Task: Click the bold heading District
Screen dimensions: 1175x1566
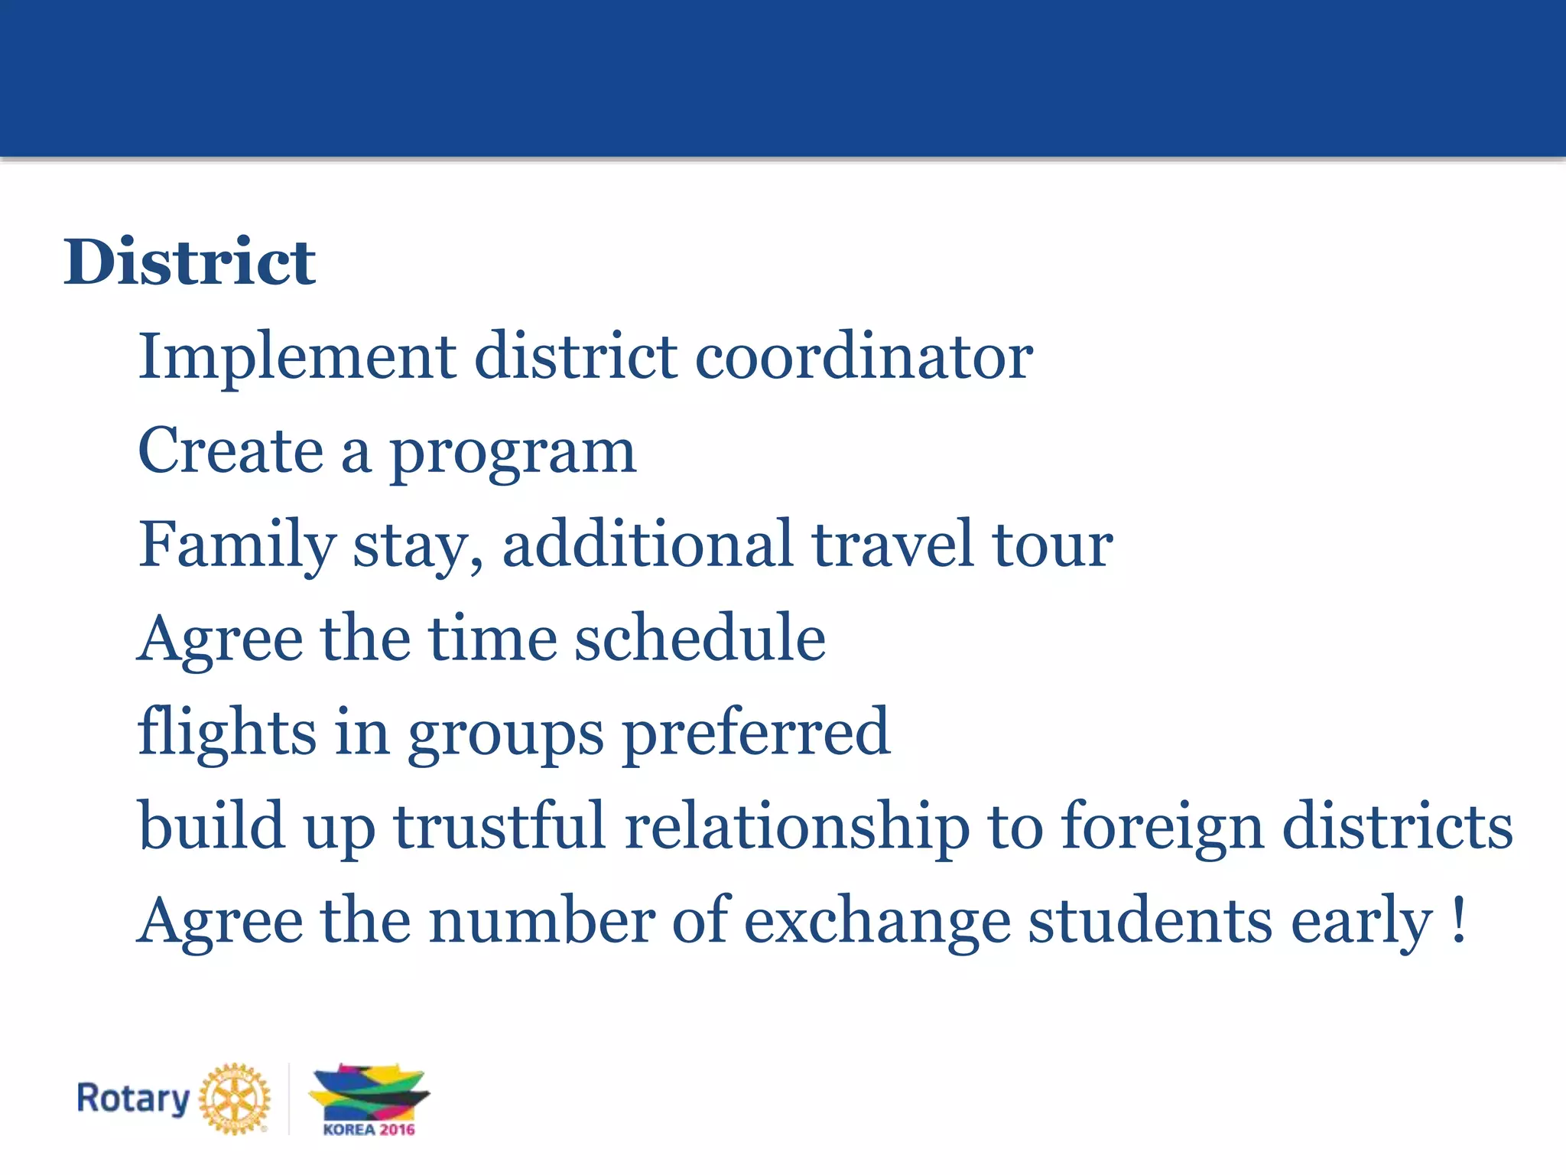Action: click(189, 262)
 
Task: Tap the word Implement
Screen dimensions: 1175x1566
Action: click(297, 357)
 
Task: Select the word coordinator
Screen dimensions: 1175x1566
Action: click(863, 357)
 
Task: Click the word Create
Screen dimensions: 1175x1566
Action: click(230, 451)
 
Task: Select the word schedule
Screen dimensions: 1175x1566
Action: click(700, 638)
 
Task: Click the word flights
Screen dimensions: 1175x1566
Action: click(227, 733)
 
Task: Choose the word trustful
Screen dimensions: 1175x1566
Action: click(500, 826)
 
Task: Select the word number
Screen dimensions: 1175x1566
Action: click(541, 920)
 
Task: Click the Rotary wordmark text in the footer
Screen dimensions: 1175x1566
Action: click(133, 1099)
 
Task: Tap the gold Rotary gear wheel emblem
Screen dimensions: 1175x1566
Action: click(235, 1099)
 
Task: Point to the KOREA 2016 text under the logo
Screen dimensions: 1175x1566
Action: click(369, 1129)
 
